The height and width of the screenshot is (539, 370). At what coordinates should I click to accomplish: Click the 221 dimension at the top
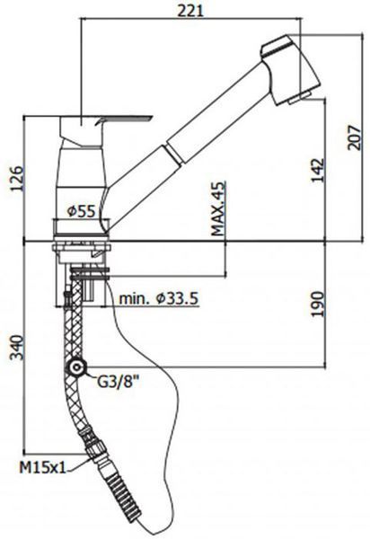click(190, 11)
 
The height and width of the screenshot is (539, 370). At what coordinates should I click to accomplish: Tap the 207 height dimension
click(355, 137)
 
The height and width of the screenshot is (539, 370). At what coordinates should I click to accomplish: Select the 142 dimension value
click(317, 171)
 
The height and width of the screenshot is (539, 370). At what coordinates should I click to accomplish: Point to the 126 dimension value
click(16, 178)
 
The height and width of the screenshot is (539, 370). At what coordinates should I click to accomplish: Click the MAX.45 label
click(219, 208)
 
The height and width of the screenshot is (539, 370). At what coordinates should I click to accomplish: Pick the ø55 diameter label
click(81, 211)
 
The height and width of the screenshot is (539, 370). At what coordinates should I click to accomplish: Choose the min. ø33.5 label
click(158, 298)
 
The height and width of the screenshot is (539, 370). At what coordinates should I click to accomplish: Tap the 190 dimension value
click(317, 304)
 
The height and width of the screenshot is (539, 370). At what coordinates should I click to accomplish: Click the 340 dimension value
click(16, 348)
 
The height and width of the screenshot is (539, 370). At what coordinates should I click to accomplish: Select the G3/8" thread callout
click(119, 382)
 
